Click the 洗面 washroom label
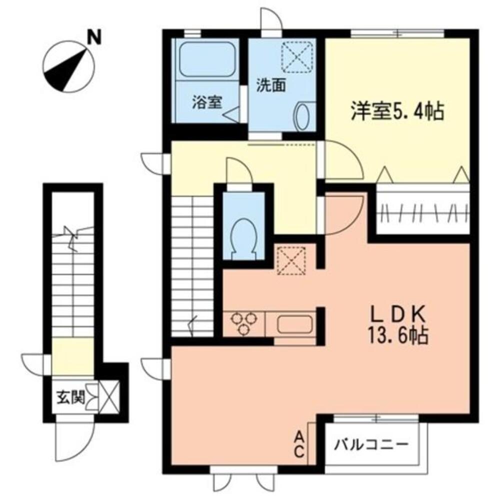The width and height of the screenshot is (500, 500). pos(271,85)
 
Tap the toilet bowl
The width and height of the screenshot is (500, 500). pos(244,234)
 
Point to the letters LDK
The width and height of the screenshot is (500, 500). pos(397,314)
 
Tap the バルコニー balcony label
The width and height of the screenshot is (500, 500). pos(372,443)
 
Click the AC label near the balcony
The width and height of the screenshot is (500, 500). pos(298,445)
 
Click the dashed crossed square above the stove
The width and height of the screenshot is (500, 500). pos(291,260)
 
